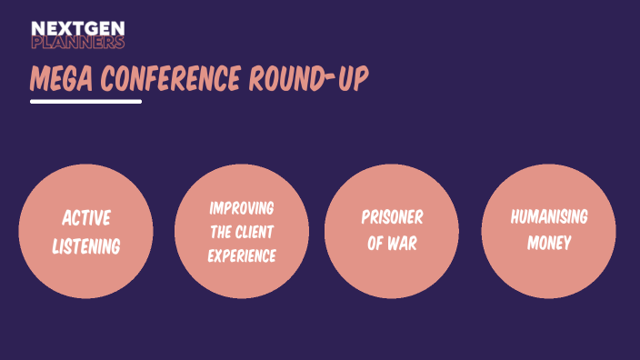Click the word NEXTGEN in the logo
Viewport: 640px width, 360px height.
pyautogui.click(x=77, y=28)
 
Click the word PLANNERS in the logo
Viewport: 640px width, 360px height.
pyautogui.click(x=77, y=42)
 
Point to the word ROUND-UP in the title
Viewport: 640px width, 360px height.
pyautogui.click(x=309, y=80)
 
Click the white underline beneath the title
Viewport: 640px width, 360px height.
pyautogui.click(x=85, y=101)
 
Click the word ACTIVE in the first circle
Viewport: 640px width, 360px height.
pyautogui.click(x=86, y=218)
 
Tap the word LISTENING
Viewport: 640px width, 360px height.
pyautogui.click(x=86, y=245)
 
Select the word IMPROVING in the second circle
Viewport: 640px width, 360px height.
pyautogui.click(x=241, y=207)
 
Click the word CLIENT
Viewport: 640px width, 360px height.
pyautogui.click(x=255, y=232)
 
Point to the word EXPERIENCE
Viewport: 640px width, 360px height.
pyautogui.click(x=241, y=255)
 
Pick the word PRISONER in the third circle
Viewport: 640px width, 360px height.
pyautogui.click(x=392, y=218)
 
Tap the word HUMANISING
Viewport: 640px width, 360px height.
pyautogui.click(x=548, y=217)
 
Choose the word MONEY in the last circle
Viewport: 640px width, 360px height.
pyautogui.click(x=548, y=243)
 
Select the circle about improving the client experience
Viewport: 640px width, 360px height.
pyautogui.click(x=241, y=277)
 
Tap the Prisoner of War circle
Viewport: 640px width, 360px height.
pyautogui.click(x=392, y=273)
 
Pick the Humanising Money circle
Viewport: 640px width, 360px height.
pyautogui.click(x=548, y=273)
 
